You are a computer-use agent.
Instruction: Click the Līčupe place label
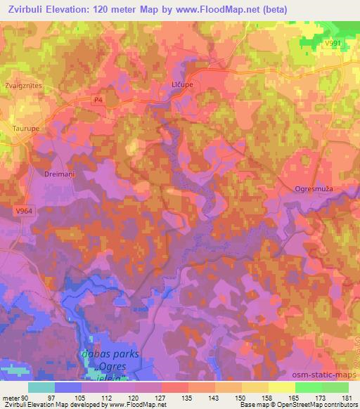[x=200, y=84]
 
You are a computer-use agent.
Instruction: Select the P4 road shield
[x=98, y=101]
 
